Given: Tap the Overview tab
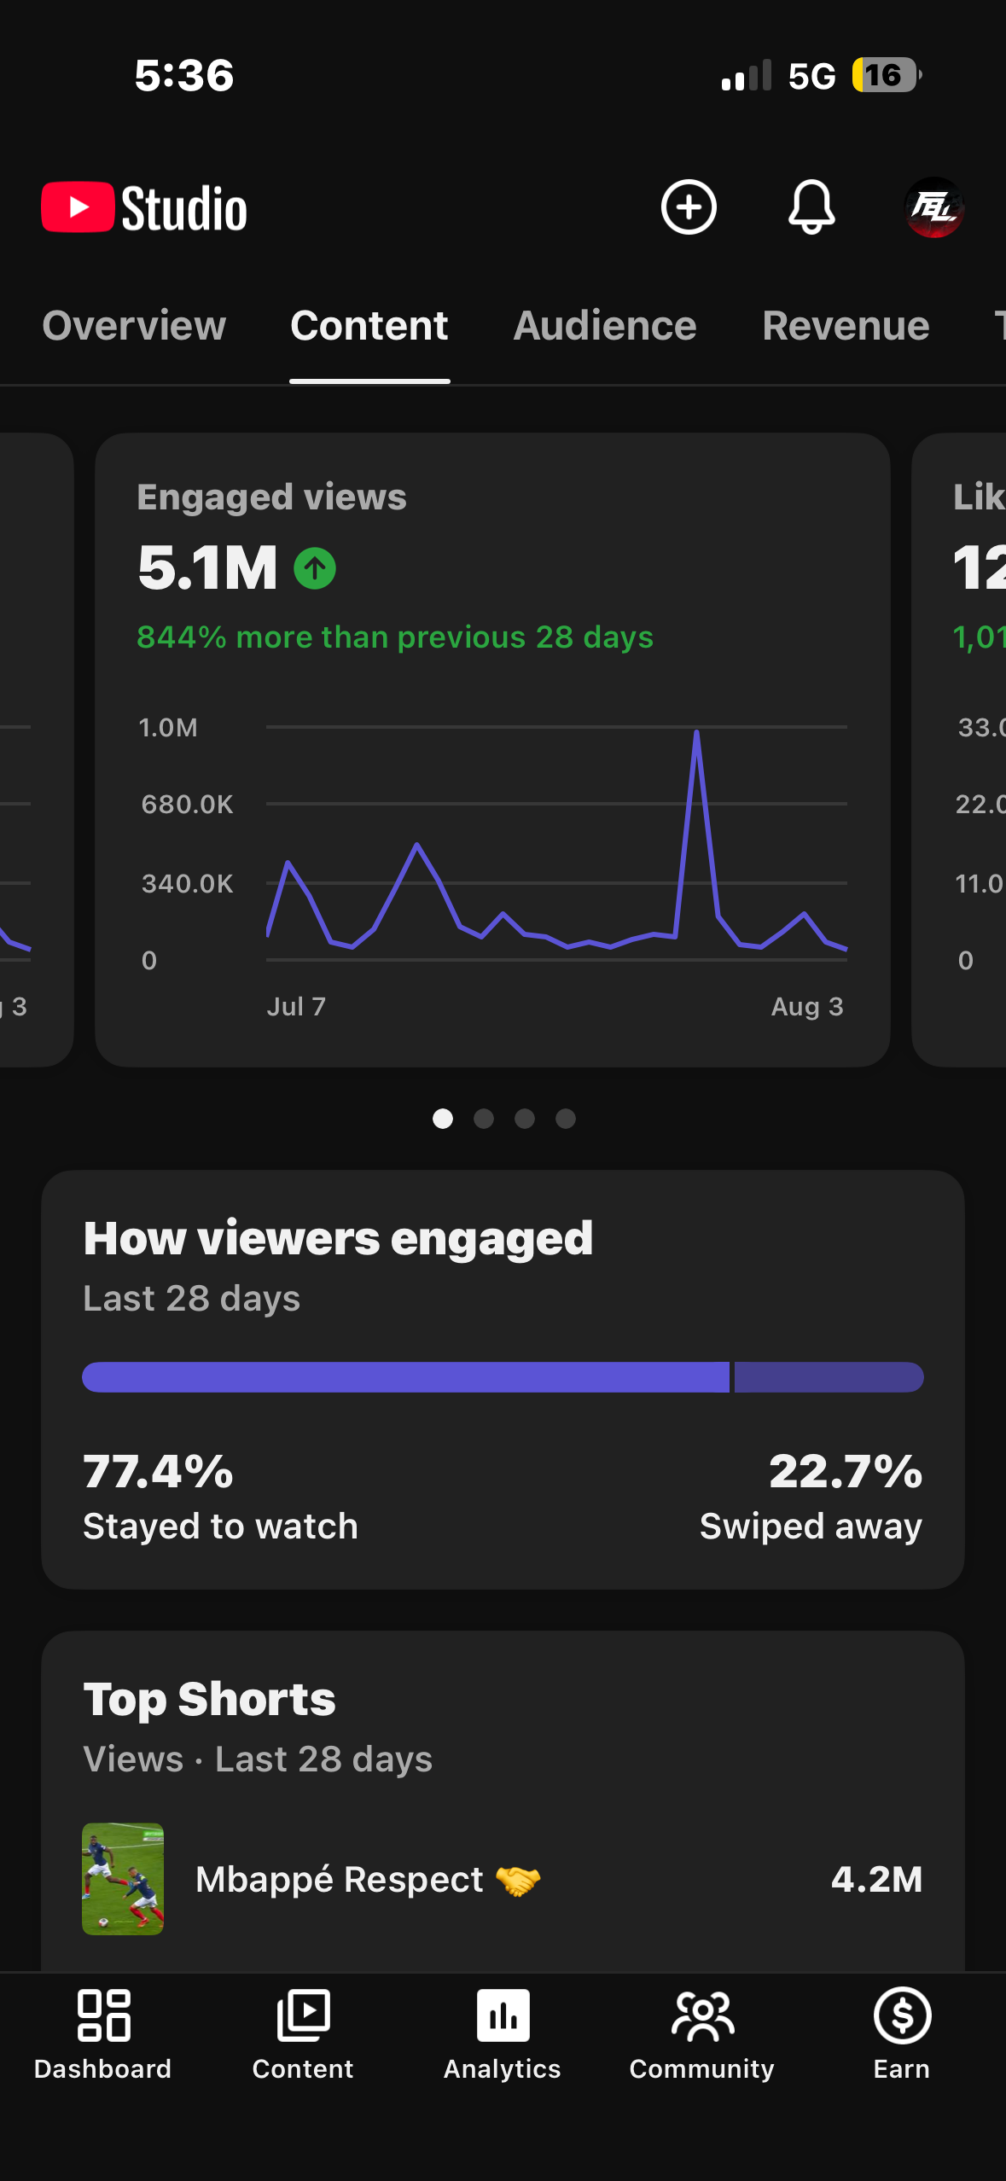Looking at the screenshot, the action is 134,326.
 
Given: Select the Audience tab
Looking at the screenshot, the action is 605,326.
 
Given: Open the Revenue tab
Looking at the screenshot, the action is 846,326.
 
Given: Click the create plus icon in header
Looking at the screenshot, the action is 689,207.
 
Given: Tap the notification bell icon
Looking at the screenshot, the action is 811,207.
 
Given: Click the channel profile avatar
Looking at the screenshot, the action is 934,207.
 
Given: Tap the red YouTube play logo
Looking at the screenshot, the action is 78,207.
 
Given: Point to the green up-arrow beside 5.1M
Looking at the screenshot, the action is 315,568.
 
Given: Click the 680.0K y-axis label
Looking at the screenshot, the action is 187,805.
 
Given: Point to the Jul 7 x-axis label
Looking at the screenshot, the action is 296,1007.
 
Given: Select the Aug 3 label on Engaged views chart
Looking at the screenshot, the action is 807,1007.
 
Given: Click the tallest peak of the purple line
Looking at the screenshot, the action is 697,732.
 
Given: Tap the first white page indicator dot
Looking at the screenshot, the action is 443,1119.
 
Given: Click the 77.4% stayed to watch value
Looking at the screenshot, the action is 159,1472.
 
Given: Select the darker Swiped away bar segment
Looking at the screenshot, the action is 829,1377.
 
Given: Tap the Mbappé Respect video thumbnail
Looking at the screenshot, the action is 123,1879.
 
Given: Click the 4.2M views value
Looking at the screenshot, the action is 877,1879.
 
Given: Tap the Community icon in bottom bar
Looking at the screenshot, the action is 702,2016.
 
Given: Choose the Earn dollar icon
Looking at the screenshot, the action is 902,2015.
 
